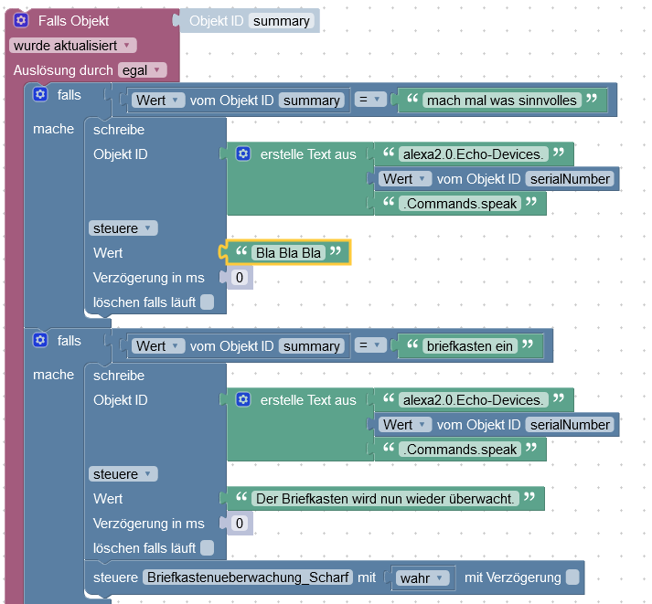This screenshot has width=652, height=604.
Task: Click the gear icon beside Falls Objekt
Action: coord(21,20)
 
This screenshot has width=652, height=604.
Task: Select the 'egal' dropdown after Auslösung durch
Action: coord(141,70)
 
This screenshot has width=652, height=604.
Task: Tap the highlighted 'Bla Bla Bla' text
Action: coord(289,252)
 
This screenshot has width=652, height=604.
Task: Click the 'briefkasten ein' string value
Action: coord(471,345)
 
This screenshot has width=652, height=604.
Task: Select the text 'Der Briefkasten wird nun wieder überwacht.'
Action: coord(385,498)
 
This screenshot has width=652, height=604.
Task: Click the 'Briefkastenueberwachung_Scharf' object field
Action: coord(248,577)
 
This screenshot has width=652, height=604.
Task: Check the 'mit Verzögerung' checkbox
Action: coord(572,577)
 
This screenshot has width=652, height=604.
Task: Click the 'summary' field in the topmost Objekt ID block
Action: coord(282,21)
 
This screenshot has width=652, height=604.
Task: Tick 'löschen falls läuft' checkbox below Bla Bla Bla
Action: coord(208,302)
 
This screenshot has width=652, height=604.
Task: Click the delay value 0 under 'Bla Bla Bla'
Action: coord(240,277)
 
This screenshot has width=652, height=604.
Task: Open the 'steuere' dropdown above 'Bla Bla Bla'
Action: coord(123,228)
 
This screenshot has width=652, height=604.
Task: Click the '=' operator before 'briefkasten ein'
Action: coord(369,345)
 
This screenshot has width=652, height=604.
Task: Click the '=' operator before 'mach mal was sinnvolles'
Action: coord(369,100)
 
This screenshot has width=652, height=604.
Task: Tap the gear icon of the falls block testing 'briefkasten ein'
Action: coord(39,340)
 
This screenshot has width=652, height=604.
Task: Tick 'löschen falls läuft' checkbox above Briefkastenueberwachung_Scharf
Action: coord(208,548)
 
